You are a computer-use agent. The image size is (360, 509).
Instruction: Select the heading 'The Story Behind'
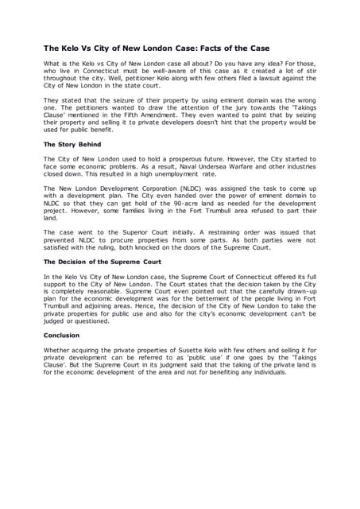coord(72,145)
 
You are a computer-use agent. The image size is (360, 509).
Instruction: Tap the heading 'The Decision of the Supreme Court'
coord(102,261)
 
